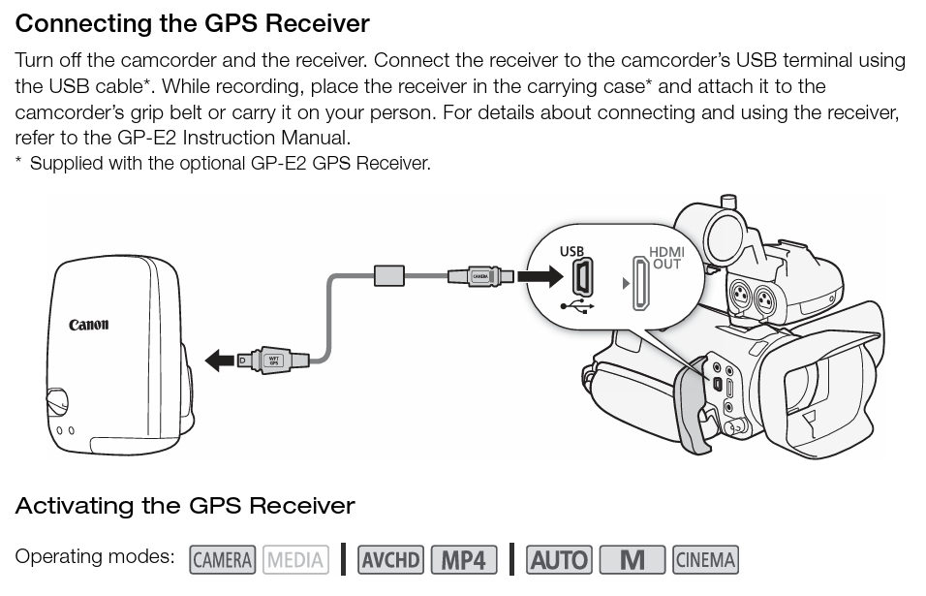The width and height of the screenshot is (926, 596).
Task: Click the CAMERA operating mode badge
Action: click(x=223, y=559)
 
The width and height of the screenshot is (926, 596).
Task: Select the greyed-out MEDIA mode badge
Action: click(x=295, y=559)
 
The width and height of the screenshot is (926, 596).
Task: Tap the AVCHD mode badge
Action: click(x=390, y=559)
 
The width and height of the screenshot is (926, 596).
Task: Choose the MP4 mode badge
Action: click(x=463, y=559)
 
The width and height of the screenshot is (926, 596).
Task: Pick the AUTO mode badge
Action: click(x=559, y=559)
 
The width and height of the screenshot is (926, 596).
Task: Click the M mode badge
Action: click(x=632, y=559)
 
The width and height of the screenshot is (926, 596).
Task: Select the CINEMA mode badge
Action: click(x=704, y=559)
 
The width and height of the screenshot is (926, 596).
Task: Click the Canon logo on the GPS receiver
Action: click(x=89, y=325)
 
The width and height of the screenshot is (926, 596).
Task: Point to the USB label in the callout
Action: click(x=572, y=251)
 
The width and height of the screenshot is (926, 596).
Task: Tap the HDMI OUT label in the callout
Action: click(x=666, y=258)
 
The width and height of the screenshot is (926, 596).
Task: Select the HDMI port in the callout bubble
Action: click(x=640, y=283)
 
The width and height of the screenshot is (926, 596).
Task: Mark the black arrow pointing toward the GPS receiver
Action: click(x=222, y=361)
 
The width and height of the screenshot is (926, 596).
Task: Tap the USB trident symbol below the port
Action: click(x=578, y=306)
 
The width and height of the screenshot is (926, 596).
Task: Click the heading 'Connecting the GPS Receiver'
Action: click(x=193, y=22)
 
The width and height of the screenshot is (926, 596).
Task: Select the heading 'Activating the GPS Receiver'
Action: click(x=185, y=506)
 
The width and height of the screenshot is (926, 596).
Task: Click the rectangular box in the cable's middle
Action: click(x=389, y=275)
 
